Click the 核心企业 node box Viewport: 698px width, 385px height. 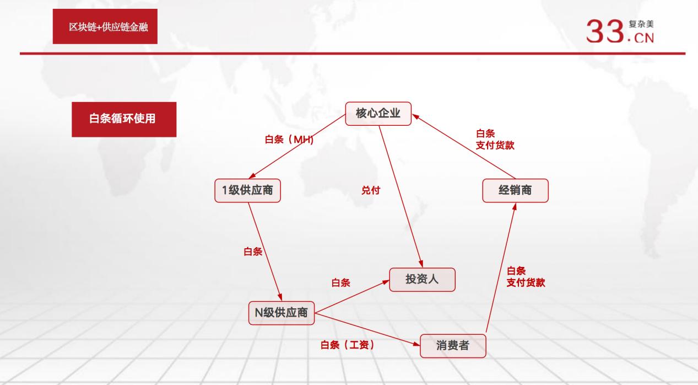pyautogui.click(x=378, y=114)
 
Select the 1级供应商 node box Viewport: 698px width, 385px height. pyautogui.click(x=247, y=191)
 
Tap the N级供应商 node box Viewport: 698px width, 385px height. pyautogui.click(x=281, y=313)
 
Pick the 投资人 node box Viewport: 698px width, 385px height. pyautogui.click(x=423, y=279)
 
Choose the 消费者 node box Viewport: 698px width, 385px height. pyautogui.click(x=453, y=346)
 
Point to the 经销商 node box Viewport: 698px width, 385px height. pyautogui.click(x=515, y=191)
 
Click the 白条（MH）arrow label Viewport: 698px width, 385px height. pyautogui.click(x=289, y=140)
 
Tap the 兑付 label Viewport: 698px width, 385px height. pyautogui.click(x=370, y=191)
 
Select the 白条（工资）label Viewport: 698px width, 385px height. pyautogui.click(x=348, y=345)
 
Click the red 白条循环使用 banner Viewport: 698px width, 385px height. pyautogui.click(x=124, y=119)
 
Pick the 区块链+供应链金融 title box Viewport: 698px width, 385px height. pyautogui.click(x=105, y=26)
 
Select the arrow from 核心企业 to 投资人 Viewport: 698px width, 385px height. pyautogui.click(x=401, y=193)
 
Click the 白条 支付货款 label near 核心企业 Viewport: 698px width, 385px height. pyautogui.click(x=495, y=140)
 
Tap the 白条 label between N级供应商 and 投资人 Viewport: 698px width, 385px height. pyautogui.click(x=340, y=283)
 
